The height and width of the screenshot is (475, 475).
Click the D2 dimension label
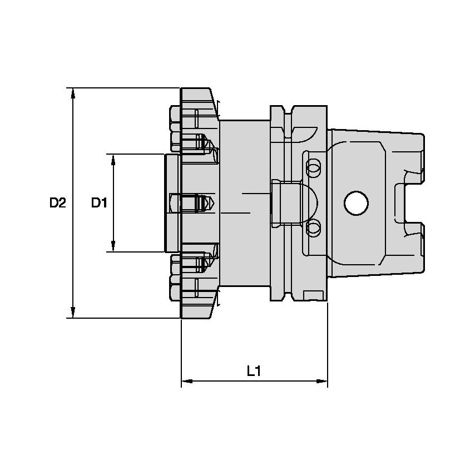(x=57, y=203)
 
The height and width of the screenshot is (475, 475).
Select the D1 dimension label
(x=99, y=203)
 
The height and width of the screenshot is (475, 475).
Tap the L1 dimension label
(x=254, y=370)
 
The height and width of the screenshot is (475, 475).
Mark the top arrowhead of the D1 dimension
(x=113, y=160)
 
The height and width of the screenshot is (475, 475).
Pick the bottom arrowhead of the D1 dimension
(x=113, y=246)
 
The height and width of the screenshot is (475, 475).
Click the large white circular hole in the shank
(x=356, y=203)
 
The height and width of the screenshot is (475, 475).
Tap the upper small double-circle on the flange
(x=314, y=166)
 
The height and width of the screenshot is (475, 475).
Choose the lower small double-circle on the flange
(x=314, y=227)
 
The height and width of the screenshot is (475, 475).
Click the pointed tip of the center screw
(x=214, y=202)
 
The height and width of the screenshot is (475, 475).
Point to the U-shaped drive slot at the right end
(x=409, y=203)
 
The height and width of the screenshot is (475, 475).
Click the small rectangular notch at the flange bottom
(x=314, y=295)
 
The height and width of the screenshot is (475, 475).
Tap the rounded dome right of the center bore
(x=311, y=202)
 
